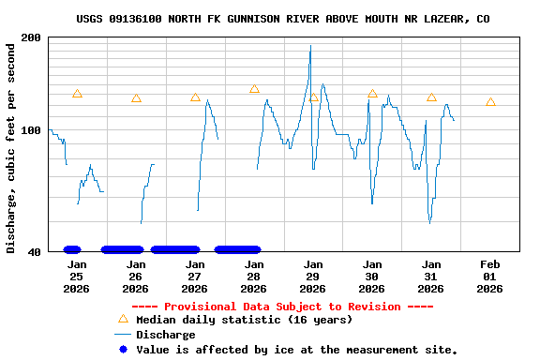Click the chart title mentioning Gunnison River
(x=282, y=19)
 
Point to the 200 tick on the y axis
(x=31, y=37)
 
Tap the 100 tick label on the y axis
(x=31, y=130)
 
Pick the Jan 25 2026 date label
(x=77, y=277)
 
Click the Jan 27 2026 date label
(x=195, y=277)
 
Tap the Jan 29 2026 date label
(x=313, y=277)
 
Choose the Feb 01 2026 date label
(x=489, y=277)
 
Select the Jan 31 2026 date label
(x=431, y=277)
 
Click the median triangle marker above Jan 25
(x=77, y=94)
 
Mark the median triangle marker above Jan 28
(x=254, y=89)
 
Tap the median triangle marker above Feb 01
(x=490, y=102)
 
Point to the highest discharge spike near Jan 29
(x=310, y=47)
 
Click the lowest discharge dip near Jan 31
(x=429, y=222)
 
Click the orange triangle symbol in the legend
(x=122, y=319)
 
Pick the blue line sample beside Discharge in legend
(x=122, y=335)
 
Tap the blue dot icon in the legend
(x=122, y=350)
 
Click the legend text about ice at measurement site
(x=297, y=350)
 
